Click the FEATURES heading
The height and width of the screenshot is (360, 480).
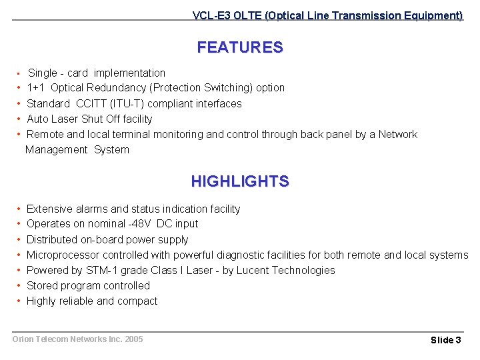pos(239,47)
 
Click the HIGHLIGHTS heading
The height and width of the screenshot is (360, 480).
pos(239,181)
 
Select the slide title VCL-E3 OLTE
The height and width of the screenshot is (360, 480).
pos(327,15)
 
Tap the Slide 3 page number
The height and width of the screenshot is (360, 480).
pos(445,340)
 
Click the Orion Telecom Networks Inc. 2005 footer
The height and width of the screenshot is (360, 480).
pos(77,339)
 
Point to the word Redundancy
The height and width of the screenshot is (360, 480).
pos(115,88)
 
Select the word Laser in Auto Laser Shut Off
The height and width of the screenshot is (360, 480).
pos(65,119)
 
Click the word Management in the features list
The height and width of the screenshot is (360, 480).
pos(56,149)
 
